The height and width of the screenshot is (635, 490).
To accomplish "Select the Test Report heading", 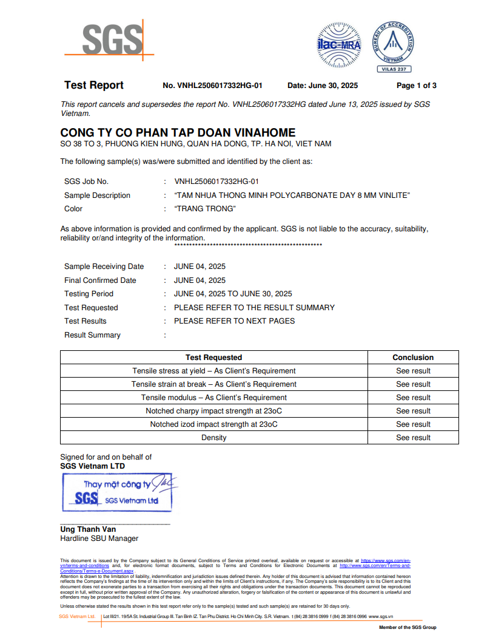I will [x=94, y=86].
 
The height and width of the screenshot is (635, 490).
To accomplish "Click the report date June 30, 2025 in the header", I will [x=323, y=86].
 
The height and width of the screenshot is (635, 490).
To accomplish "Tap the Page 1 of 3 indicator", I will [x=416, y=86].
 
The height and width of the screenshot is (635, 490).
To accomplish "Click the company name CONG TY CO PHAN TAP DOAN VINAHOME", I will [x=178, y=132].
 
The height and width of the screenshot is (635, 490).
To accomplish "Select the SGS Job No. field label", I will [x=86, y=182].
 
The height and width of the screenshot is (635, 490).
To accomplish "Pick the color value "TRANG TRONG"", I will [x=204, y=209].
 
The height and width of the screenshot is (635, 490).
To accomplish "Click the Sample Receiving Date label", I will [x=104, y=267].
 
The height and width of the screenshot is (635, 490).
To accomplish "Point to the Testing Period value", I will [x=233, y=294].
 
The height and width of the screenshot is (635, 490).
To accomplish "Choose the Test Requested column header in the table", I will [x=213, y=358].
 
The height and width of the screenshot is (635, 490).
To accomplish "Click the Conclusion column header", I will [x=413, y=358].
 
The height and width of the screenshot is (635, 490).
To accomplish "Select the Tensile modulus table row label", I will [x=214, y=398].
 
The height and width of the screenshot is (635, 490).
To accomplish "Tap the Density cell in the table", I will [x=214, y=438].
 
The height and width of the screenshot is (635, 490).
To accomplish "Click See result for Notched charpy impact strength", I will [x=413, y=411].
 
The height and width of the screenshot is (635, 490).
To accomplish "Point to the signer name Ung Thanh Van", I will [x=88, y=529].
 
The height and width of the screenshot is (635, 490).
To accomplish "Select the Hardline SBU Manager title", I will [x=99, y=538].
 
